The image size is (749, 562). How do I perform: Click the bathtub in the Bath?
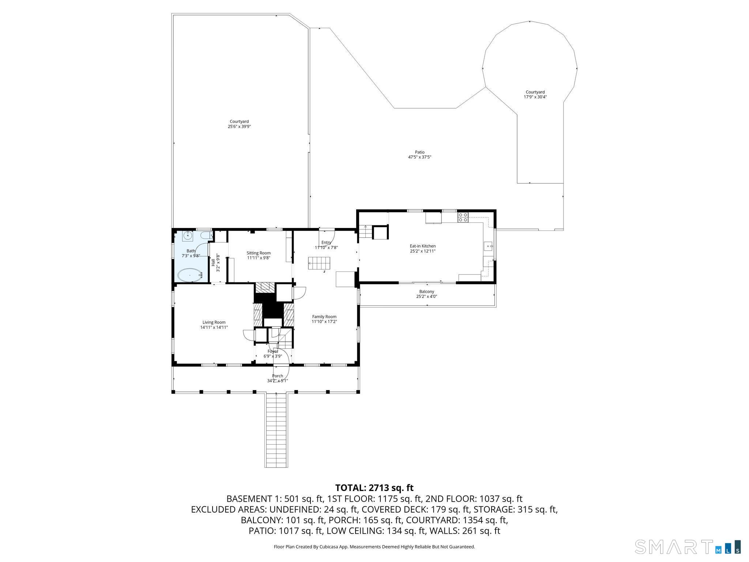pyautogui.click(x=189, y=275)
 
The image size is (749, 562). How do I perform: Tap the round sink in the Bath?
pyautogui.click(x=188, y=236)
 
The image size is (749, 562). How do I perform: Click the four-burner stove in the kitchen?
pyautogui.click(x=463, y=217)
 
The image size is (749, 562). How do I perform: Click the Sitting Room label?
pyautogui.click(x=259, y=253)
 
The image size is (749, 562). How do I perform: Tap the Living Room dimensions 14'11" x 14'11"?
pyautogui.click(x=214, y=327)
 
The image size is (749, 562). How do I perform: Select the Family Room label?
pyautogui.click(x=324, y=317)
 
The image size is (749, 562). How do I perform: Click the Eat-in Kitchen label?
pyautogui.click(x=422, y=246)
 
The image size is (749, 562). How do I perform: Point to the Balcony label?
pyautogui.click(x=426, y=292)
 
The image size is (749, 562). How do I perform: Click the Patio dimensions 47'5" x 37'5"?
pyautogui.click(x=419, y=157)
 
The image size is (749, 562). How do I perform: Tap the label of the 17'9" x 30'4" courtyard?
pyautogui.click(x=535, y=92)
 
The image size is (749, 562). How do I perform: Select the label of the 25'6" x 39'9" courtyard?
pyautogui.click(x=239, y=121)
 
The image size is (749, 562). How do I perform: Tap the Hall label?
pyautogui.click(x=213, y=262)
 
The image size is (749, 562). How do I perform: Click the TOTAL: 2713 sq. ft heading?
pyautogui.click(x=374, y=488)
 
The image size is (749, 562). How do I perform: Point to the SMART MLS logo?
pyautogui.click(x=688, y=546)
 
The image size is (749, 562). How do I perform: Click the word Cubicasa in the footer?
pyautogui.click(x=328, y=547)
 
